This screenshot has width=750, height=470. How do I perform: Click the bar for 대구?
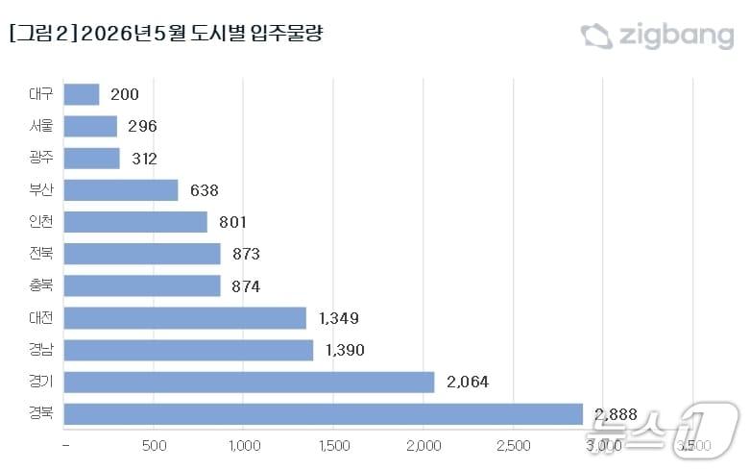(82, 94)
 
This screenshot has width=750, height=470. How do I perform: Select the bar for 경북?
(324, 414)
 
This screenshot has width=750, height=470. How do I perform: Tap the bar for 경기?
(250, 382)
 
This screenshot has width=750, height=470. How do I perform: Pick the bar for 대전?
(185, 318)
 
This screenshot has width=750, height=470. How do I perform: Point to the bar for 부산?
(121, 190)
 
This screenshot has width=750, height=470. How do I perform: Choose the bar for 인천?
(135, 222)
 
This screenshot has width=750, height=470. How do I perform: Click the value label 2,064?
(468, 383)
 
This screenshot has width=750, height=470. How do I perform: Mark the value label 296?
(141, 126)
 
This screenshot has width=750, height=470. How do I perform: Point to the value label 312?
(143, 159)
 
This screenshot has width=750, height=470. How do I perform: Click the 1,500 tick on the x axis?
(333, 446)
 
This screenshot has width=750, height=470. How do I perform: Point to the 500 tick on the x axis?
(154, 446)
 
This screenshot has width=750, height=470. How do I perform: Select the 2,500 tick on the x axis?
(514, 446)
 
